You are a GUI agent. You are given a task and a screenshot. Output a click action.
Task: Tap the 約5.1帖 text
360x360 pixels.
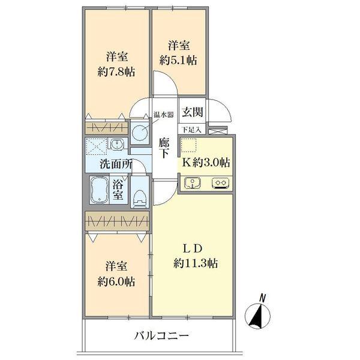point(179,60)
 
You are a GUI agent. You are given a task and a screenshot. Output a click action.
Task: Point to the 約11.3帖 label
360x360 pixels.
point(196,262)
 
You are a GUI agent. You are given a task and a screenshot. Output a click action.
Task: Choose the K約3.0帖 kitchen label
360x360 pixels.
point(206,161)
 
